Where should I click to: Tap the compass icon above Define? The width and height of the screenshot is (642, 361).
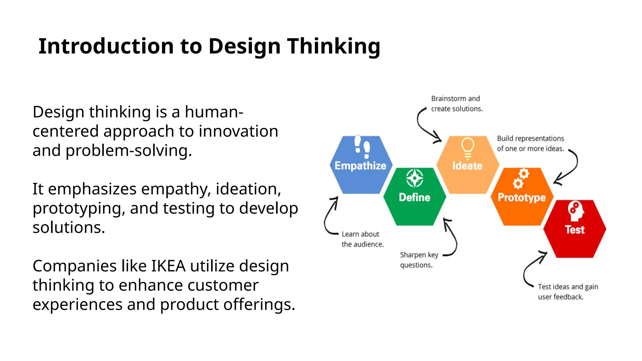tap(414, 178)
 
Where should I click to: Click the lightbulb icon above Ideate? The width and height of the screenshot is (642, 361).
tap(467, 148)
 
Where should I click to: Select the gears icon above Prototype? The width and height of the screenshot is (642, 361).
tap(521, 179)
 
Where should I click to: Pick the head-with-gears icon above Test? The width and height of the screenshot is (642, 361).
tap(576, 211)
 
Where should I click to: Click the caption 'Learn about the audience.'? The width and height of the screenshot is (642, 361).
tap(362, 239)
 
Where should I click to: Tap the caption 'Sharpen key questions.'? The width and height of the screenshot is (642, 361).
tap(419, 260)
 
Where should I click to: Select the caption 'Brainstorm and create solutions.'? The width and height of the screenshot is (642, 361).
tap(457, 104)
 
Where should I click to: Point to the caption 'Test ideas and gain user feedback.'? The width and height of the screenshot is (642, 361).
tap(568, 292)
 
